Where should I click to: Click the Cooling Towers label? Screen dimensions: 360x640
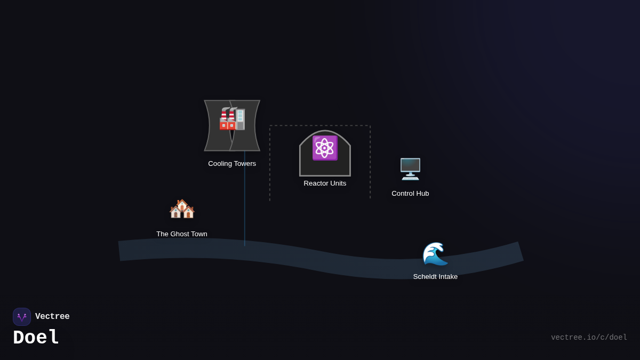pos(232,164)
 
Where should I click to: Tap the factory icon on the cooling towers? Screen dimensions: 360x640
pos(232,118)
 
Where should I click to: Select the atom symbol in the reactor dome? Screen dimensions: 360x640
pos(325,148)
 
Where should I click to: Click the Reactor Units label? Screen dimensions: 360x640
pos(325,183)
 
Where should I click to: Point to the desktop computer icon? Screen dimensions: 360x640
pos(410,169)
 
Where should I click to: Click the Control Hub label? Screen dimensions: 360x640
pos(410,194)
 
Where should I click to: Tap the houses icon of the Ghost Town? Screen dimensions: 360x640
pos(182,209)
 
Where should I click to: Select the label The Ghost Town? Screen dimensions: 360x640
pos(182,234)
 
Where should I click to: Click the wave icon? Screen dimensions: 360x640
pos(435,253)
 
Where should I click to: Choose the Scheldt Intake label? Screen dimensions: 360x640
pos(435,277)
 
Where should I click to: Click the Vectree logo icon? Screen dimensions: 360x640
pos(22,317)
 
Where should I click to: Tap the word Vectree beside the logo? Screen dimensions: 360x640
pos(52,317)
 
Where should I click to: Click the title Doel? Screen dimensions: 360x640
pos(36,338)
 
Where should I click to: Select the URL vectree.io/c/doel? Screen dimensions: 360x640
pos(589,338)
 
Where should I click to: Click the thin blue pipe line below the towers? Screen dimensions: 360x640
pos(245,203)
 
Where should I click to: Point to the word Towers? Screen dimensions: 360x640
pos(244,164)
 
